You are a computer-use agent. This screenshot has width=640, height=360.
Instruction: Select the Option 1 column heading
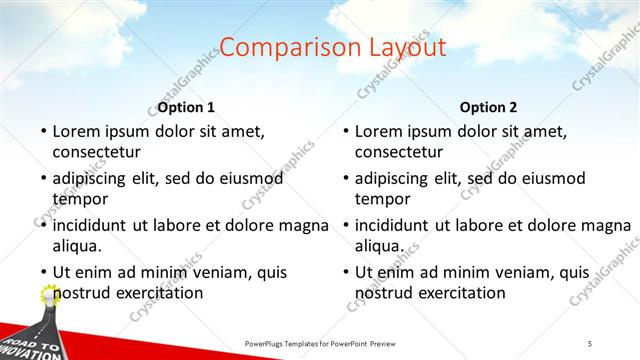click(x=186, y=107)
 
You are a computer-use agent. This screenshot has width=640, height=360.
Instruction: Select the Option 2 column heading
click(x=488, y=107)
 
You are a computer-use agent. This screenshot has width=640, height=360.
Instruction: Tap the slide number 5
click(x=590, y=344)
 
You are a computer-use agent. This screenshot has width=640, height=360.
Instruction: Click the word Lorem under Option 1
click(x=76, y=131)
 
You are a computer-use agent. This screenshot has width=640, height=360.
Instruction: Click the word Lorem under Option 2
click(x=379, y=131)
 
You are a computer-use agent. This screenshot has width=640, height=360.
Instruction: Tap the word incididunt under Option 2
click(x=393, y=224)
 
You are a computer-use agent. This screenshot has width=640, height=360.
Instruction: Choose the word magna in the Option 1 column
click(x=304, y=224)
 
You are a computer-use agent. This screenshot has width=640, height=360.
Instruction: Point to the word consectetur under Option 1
click(x=96, y=152)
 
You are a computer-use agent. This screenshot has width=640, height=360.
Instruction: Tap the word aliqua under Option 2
click(x=379, y=245)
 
